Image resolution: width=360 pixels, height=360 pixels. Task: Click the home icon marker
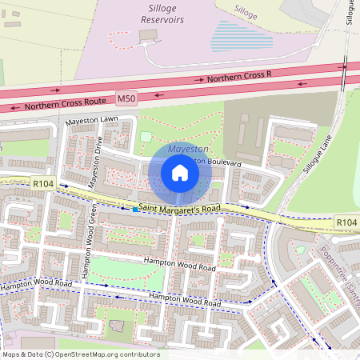pos(180,173)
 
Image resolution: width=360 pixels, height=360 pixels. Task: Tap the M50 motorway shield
pos(126,98)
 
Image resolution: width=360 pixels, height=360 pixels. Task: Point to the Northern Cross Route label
pos(59,104)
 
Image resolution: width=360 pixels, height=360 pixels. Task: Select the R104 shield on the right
pos(346,222)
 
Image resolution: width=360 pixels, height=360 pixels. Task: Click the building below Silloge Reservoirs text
pos(148,36)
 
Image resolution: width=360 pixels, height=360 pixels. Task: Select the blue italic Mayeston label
pos(189,149)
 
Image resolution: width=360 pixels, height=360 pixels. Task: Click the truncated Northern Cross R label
pos(240,75)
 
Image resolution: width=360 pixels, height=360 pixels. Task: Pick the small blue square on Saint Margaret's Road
pos(134,209)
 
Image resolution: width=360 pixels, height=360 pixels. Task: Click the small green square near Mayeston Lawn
pos(146,137)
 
